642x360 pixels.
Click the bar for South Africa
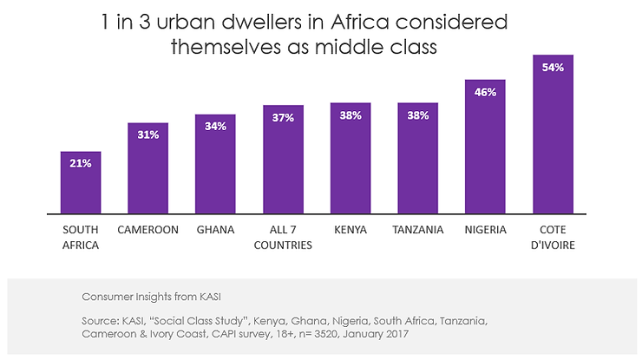(x=81, y=182)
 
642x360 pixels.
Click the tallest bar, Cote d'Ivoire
(x=553, y=134)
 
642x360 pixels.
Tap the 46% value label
(x=485, y=91)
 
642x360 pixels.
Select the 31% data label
(x=147, y=135)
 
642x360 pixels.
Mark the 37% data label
(x=283, y=118)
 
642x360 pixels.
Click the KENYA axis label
(x=350, y=230)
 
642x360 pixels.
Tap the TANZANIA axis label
(x=417, y=230)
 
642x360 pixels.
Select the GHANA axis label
(x=215, y=230)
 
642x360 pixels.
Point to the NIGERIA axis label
(x=485, y=230)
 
